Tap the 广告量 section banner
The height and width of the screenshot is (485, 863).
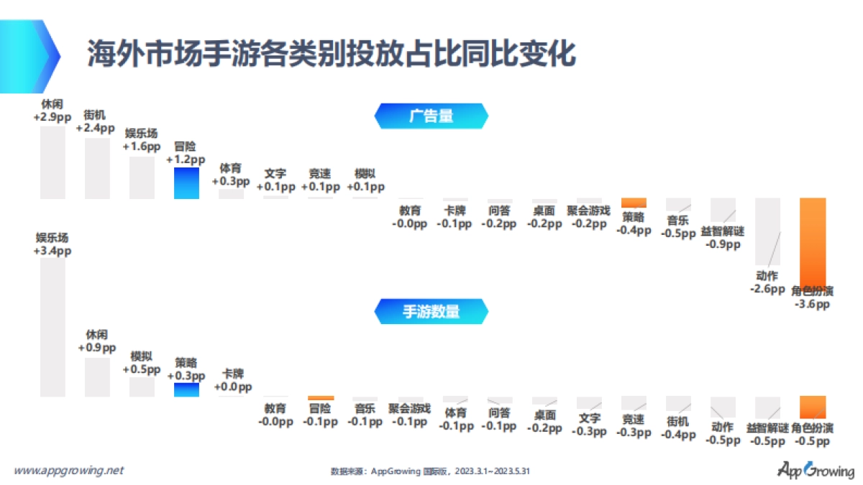click(431, 116)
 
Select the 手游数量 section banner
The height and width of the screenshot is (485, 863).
click(431, 311)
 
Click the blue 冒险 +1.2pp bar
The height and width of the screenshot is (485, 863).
click(186, 183)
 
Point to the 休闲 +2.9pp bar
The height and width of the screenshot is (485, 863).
click(52, 162)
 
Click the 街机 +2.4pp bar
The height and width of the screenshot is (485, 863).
click(98, 168)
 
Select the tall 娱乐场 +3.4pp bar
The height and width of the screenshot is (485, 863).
click(52, 327)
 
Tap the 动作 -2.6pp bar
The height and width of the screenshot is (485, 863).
click(767, 231)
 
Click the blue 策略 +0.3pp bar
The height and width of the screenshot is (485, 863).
click(186, 389)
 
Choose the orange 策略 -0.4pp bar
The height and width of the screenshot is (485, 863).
click(634, 203)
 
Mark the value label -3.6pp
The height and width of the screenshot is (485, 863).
click(813, 305)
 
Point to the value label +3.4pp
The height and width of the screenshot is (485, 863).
click(52, 251)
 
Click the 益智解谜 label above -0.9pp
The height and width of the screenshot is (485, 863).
click(723, 231)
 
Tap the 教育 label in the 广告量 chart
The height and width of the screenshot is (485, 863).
click(410, 211)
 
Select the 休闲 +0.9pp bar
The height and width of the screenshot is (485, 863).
click(98, 377)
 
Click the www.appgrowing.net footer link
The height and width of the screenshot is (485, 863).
click(69, 471)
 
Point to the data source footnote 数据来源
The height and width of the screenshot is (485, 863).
click(430, 471)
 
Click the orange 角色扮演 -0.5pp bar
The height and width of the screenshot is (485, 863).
click(813, 407)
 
